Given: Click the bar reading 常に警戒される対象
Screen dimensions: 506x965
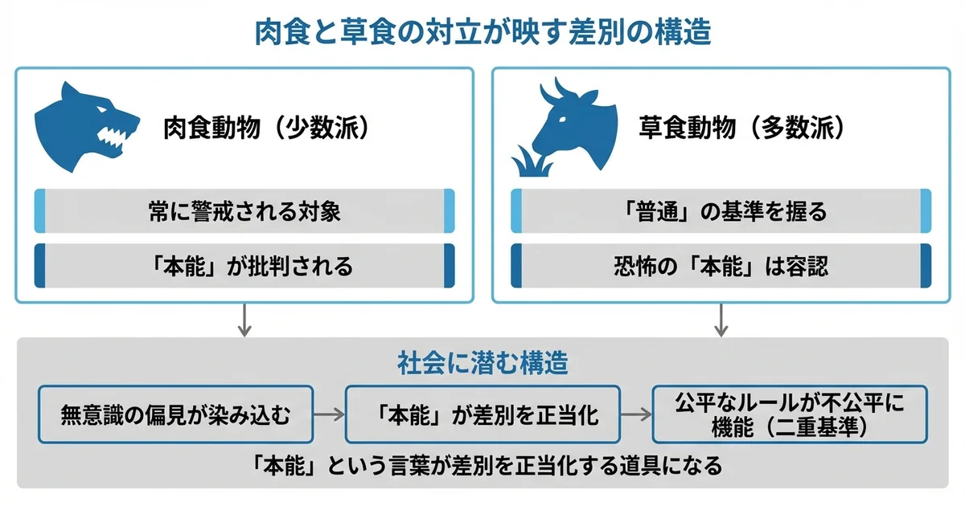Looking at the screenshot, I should tap(244, 212).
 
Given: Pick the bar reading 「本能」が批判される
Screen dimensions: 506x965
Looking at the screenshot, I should tap(244, 266).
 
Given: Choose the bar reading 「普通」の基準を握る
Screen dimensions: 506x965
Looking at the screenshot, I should tap(721, 212).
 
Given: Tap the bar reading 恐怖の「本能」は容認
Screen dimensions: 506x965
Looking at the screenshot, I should tap(721, 266).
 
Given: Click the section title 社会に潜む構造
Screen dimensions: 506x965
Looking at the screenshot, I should tap(482, 363).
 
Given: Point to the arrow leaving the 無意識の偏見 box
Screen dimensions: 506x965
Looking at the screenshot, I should tap(327, 414).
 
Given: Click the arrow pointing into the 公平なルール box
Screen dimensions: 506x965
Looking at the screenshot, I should tap(635, 414).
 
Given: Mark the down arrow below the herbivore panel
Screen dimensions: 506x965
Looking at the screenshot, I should tap(721, 321).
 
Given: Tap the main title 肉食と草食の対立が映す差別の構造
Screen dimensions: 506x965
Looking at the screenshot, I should tap(483, 34).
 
